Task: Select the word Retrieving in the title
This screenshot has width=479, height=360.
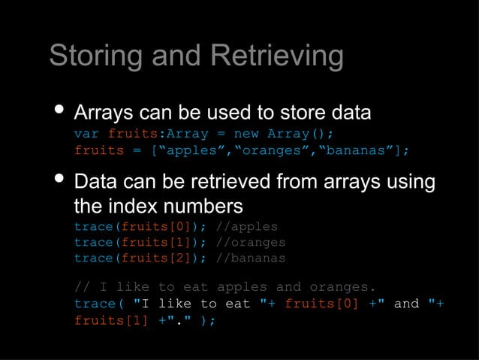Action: click(x=277, y=56)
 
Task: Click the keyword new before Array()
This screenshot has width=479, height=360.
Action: click(x=246, y=134)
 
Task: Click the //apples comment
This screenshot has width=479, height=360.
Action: click(x=246, y=226)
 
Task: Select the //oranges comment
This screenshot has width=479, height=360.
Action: click(x=250, y=242)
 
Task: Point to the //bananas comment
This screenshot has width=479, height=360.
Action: click(x=250, y=258)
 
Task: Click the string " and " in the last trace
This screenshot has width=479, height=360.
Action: click(x=406, y=304)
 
